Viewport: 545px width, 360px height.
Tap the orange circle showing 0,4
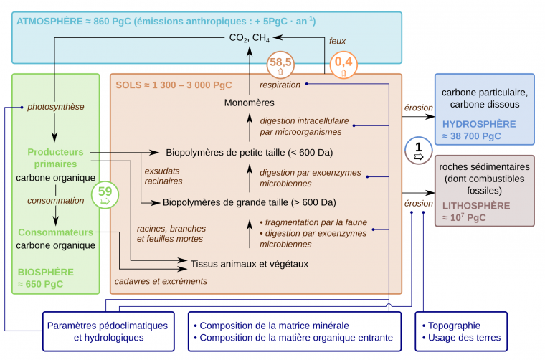point(343,66)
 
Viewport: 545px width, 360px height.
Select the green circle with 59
point(105,195)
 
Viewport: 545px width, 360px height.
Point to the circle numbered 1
point(419,150)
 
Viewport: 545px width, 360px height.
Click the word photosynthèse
point(56,107)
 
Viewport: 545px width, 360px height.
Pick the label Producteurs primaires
point(56,158)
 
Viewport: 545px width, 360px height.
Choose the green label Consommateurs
point(56,232)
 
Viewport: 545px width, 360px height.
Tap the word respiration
point(280,85)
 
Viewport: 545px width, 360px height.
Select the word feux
point(337,41)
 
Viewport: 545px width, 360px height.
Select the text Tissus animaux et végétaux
point(249,264)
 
